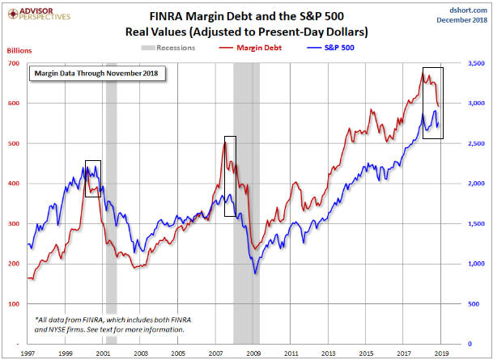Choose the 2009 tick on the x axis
[x=254, y=354]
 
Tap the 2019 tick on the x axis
[x=441, y=354]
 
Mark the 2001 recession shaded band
[x=111, y=202]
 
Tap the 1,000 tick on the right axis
[x=474, y=264]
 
